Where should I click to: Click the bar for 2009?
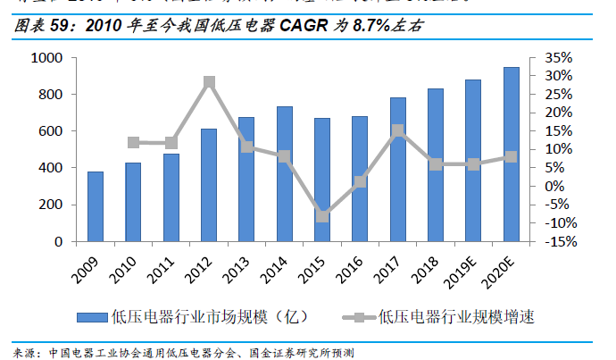(95, 206)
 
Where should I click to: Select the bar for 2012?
(208, 185)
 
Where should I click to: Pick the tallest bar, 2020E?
(511, 154)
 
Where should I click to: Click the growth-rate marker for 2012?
(209, 82)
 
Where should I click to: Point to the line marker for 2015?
(322, 215)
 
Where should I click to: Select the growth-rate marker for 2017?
(398, 131)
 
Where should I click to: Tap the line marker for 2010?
(133, 142)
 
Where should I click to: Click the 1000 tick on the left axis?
(46, 58)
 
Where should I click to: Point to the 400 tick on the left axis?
(50, 168)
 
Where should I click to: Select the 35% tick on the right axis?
(557, 58)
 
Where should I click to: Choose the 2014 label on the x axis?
(279, 269)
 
